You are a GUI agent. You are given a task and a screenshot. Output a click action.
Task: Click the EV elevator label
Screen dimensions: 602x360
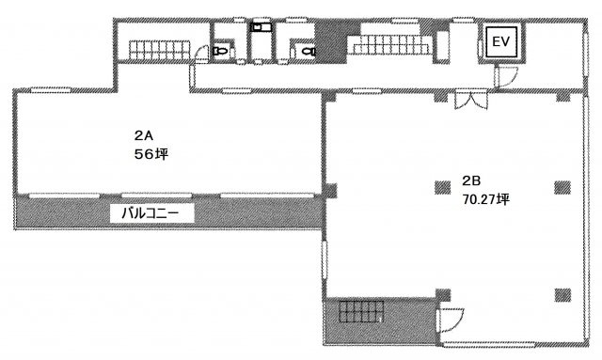pyautogui.click(x=500, y=41)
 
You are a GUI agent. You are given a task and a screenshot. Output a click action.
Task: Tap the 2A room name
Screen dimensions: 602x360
pyautogui.click(x=144, y=135)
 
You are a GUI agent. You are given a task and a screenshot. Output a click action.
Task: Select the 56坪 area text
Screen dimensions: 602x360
pyautogui.click(x=151, y=154)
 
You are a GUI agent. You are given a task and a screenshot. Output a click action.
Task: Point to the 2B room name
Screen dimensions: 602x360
pyautogui.click(x=471, y=180)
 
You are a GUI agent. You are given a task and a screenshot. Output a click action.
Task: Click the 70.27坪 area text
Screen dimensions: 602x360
pyautogui.click(x=485, y=199)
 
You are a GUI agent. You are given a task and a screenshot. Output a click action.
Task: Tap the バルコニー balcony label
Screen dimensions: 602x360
pyautogui.click(x=150, y=213)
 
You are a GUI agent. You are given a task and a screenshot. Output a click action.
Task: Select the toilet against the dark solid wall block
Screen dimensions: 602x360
pyautogui.click(x=309, y=50)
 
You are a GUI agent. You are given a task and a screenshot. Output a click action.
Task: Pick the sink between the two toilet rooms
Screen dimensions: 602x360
pyautogui.click(x=261, y=27)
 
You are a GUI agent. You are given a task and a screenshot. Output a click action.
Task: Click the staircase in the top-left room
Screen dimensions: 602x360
pyautogui.click(x=159, y=50)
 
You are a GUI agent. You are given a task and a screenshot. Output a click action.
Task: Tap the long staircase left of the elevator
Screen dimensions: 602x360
pyautogui.click(x=390, y=44)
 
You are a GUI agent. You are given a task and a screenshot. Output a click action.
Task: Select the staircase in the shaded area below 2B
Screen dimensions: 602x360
pyautogui.click(x=361, y=311)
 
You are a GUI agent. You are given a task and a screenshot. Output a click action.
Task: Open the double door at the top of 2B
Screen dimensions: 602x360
pyautogui.click(x=470, y=100)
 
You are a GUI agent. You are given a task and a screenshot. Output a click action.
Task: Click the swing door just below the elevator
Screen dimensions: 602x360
pyautogui.click(x=507, y=76)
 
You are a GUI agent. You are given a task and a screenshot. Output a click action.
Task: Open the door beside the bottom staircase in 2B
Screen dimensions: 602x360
pyautogui.click(x=451, y=321)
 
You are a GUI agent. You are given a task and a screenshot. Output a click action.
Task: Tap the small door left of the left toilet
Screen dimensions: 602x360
pyautogui.click(x=200, y=55)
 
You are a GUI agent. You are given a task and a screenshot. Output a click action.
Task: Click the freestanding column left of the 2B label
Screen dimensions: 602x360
pyautogui.click(x=443, y=187)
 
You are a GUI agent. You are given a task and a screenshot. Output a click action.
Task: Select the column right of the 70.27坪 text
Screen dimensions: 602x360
pyautogui.click(x=562, y=187)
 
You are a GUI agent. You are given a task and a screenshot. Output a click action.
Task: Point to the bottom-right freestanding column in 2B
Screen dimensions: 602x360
pyautogui.click(x=562, y=295)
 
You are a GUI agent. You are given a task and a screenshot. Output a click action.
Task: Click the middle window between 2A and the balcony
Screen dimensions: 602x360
pyautogui.click(x=156, y=196)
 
